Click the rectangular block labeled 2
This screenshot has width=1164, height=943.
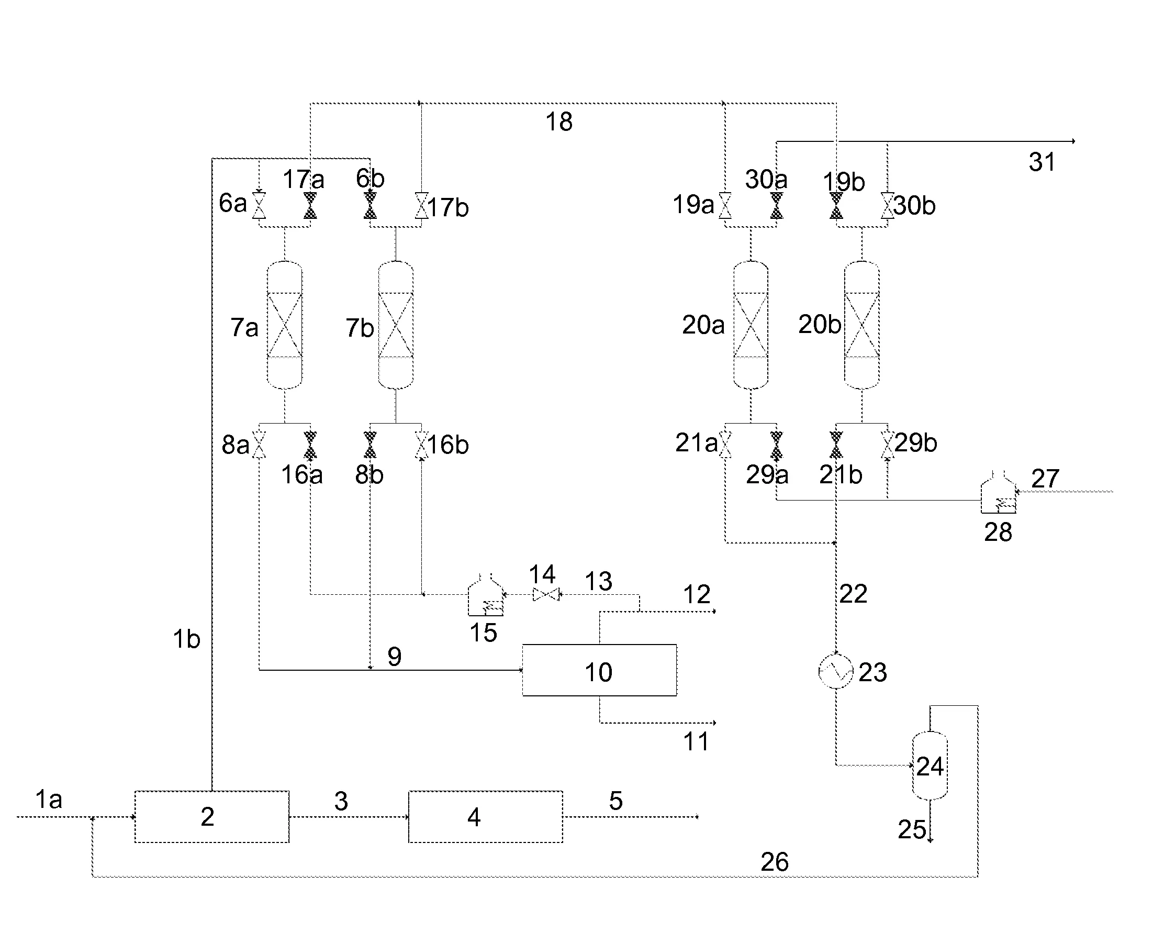coord(212,816)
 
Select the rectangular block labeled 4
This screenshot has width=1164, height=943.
coord(485,816)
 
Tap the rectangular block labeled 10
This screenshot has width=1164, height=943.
coord(599,670)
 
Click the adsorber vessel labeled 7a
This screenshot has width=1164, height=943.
coord(285,325)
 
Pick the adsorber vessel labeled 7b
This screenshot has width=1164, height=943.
coord(396,325)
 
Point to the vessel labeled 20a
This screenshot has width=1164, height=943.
coord(751,325)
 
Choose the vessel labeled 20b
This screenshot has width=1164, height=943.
coord(861,325)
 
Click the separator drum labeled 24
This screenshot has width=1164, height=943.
coord(930,766)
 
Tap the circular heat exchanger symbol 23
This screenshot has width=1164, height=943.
coord(835,671)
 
